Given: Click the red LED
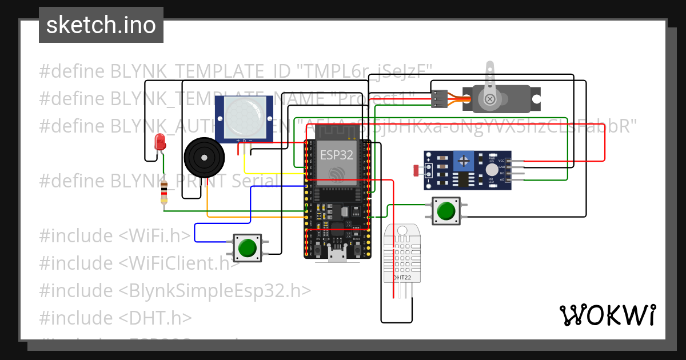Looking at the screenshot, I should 160,141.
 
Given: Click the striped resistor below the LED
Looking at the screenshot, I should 165,192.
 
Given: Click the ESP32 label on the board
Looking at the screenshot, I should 336,154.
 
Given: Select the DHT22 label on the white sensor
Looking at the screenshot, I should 401,278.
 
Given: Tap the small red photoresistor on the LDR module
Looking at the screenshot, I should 416,170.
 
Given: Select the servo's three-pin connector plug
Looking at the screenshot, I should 438,99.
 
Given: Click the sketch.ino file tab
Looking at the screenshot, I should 101,25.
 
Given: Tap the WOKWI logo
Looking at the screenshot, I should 607,315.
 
